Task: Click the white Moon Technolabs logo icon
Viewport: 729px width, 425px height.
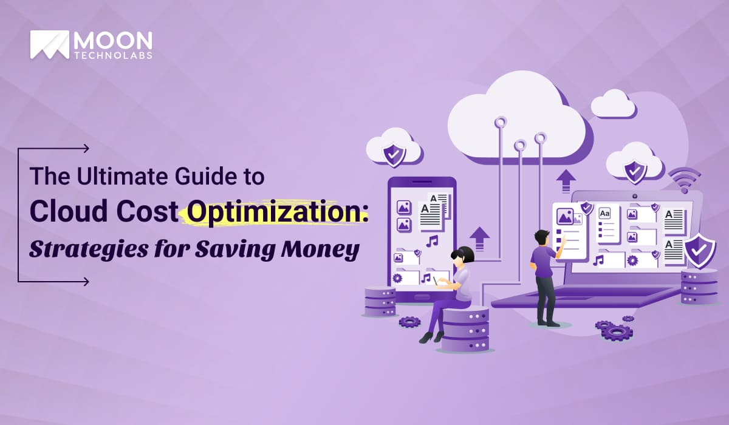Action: (49, 45)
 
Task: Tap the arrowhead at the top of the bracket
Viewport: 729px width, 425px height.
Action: (86, 148)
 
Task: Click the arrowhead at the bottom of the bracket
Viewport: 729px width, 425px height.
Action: (86, 281)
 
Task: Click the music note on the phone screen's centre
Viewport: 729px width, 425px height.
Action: (432, 241)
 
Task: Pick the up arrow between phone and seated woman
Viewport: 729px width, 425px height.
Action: (479, 237)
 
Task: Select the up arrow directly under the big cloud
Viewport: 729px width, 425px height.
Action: (566, 180)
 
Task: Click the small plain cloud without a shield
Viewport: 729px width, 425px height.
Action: (613, 104)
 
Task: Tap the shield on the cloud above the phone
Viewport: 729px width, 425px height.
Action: (394, 155)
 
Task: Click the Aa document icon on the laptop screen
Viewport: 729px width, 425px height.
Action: (605, 214)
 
